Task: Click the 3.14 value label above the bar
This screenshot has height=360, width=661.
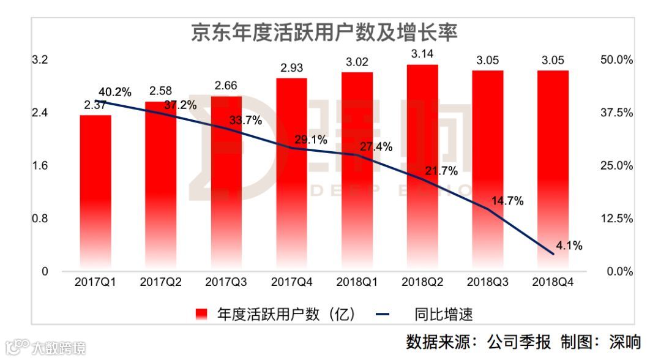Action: [x=422, y=53]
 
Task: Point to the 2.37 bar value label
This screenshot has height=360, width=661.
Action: [x=95, y=105]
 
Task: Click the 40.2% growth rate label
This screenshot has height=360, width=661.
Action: [x=115, y=92]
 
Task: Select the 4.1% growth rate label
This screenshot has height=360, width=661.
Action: [x=569, y=246]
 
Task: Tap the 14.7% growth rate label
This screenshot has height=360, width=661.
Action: [x=506, y=201]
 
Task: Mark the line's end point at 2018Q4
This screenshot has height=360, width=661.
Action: [x=553, y=253]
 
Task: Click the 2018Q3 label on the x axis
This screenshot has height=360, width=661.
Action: [x=487, y=283]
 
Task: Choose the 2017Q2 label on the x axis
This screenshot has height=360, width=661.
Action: [x=161, y=283]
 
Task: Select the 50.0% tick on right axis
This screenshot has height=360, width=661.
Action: [x=615, y=60]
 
